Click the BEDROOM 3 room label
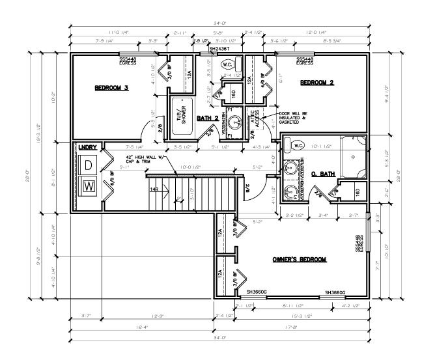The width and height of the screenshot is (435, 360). pos(111,87)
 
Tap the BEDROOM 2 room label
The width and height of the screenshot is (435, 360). pos(316,82)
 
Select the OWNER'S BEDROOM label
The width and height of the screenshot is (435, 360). pos(299,259)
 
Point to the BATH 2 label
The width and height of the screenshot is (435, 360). pos(208,118)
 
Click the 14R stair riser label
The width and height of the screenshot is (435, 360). pos(155,189)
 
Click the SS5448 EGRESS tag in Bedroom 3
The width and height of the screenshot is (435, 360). pos(128,61)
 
